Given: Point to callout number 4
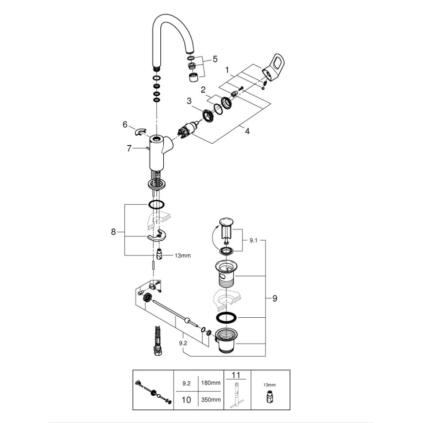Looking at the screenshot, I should coord(247,131).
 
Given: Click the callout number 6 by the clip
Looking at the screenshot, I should coord(125,125).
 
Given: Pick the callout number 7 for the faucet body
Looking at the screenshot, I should coord(129,148).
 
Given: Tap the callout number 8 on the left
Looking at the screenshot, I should coord(114,232).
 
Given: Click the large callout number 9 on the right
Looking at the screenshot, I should coord(274,298).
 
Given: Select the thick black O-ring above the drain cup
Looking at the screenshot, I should coord(227,318).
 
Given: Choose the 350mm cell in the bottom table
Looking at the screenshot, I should coord(211,400).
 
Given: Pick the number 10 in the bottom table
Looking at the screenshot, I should coord(186,400).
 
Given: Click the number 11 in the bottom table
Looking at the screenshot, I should coord(236,376).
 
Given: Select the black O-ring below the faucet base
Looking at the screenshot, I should coord(156,204).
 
